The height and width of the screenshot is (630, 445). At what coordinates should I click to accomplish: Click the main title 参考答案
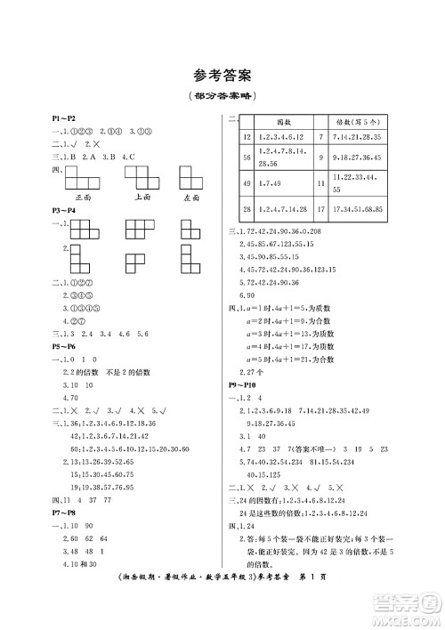tap(222, 76)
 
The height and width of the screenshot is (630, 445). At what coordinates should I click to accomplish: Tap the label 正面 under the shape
tap(85, 197)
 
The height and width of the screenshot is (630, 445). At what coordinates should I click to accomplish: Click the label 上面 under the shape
tap(141, 197)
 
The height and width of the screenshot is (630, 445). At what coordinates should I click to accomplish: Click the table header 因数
tap(284, 120)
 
